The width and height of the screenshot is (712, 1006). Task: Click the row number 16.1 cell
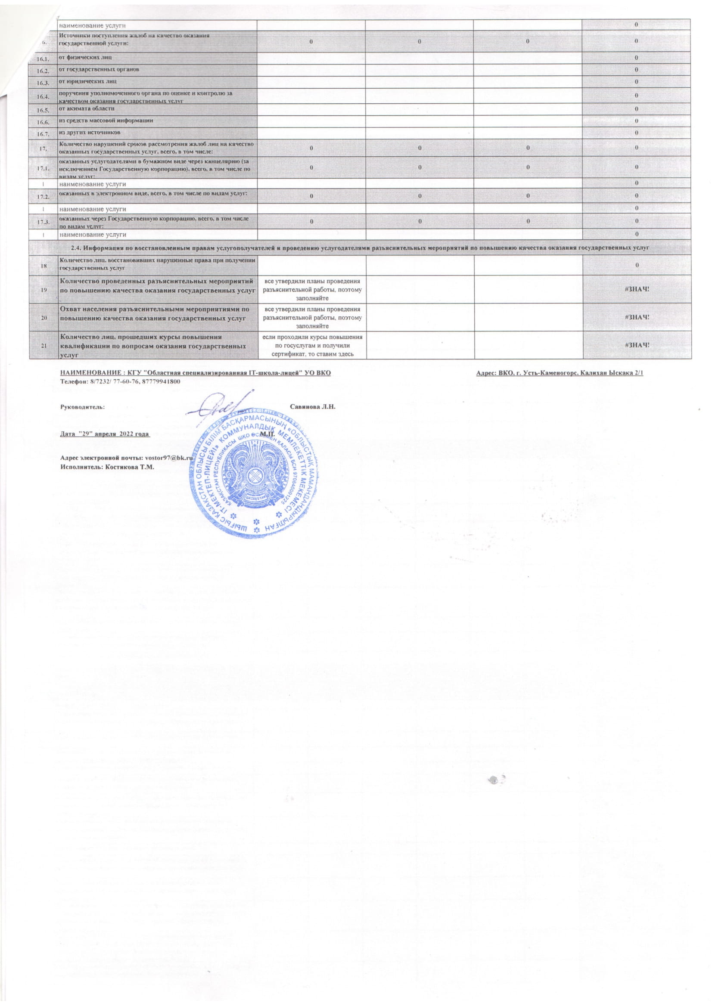pos(44,58)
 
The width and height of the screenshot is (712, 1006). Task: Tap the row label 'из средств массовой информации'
pos(106,120)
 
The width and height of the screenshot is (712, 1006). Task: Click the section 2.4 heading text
pos(360,248)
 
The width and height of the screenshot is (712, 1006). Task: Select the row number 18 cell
pos(44,265)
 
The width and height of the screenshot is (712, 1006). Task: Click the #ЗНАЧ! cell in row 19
pos(637,289)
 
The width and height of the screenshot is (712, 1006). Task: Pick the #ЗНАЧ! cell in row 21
pos(637,344)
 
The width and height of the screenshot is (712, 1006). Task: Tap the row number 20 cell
pos(44,317)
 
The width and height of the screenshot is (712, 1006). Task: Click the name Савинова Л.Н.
pos(313,407)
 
